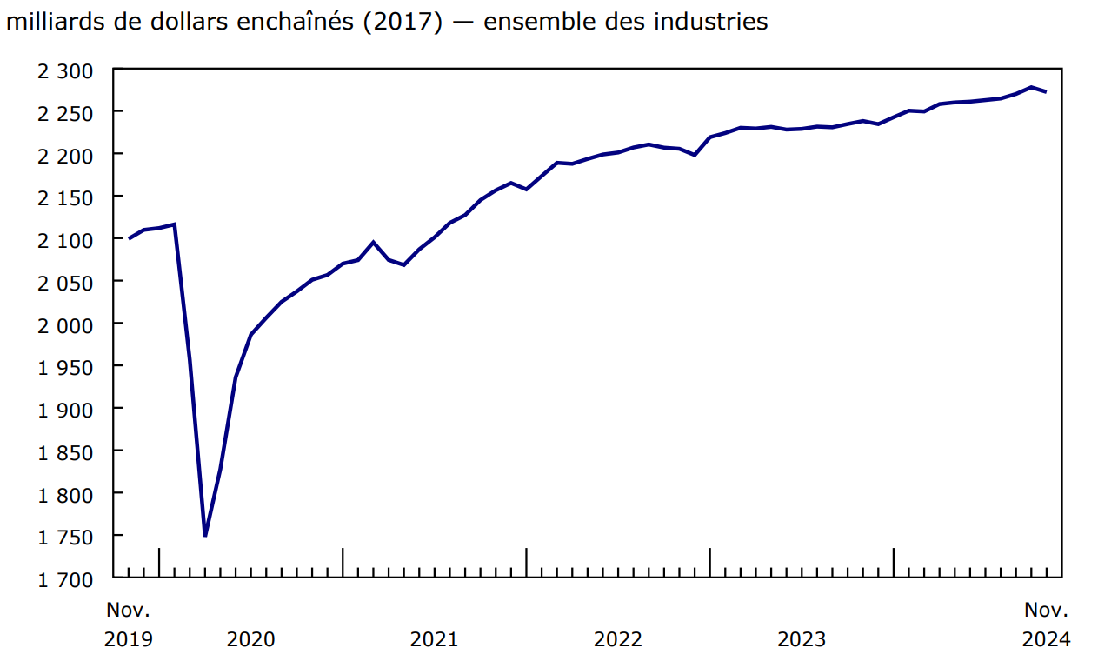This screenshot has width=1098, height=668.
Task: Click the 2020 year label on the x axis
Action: click(250, 640)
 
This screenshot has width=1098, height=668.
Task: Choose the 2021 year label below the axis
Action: click(434, 640)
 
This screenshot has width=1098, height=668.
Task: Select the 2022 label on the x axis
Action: click(618, 640)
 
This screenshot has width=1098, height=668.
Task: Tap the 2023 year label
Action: click(802, 640)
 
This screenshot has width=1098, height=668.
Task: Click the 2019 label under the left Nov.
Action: click(129, 640)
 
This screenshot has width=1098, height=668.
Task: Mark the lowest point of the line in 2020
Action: click(205, 535)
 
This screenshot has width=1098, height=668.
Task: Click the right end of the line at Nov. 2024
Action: click(1046, 91)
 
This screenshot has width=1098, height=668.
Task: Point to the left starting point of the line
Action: click(129, 238)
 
